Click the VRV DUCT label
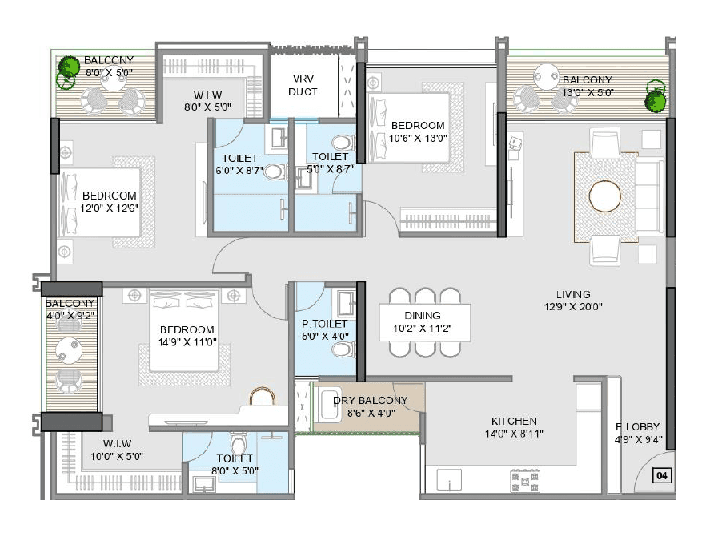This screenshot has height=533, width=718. click(x=303, y=85)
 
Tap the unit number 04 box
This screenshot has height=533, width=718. click(x=661, y=476)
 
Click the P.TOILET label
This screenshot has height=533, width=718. click(x=324, y=324)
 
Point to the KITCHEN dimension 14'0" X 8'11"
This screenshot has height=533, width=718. click(x=514, y=434)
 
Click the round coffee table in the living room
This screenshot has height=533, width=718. click(x=605, y=196)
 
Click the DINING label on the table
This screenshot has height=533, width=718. click(x=423, y=316)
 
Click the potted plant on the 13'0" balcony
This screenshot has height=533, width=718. click(x=656, y=98)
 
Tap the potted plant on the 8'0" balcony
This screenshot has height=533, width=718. click(x=66, y=75)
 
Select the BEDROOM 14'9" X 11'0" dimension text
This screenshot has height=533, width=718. click(x=187, y=341)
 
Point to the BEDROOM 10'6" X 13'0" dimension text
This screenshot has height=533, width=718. click(x=417, y=138)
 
